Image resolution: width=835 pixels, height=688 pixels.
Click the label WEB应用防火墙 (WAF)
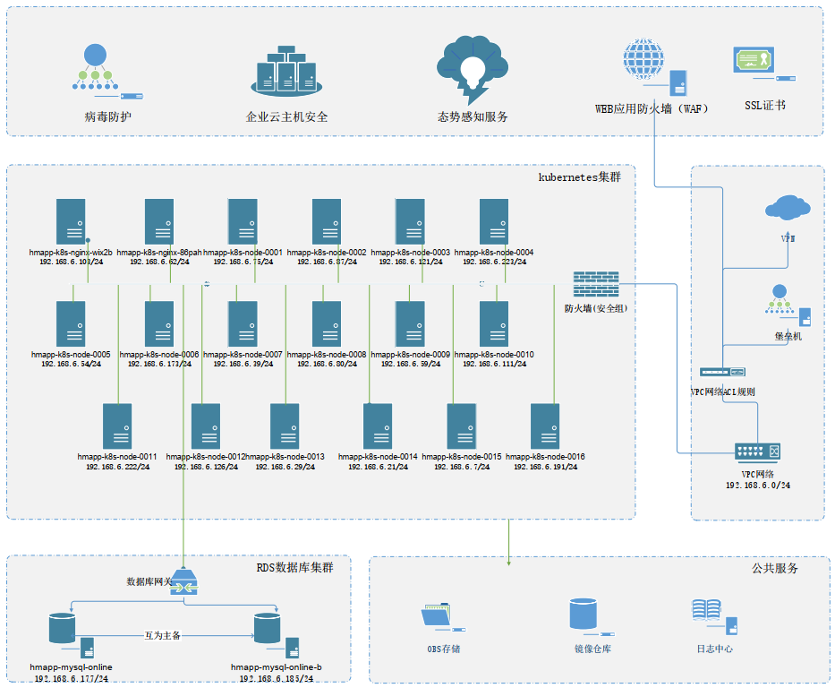click(x=652, y=108)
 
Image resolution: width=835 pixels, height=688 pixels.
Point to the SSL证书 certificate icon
click(x=754, y=61)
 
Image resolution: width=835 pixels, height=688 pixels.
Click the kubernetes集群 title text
click(x=579, y=176)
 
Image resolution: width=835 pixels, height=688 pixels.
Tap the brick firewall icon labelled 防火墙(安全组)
click(x=595, y=285)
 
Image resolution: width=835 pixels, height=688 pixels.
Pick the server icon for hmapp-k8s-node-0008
click(x=327, y=322)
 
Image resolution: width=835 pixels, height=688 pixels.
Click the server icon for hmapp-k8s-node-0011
click(x=117, y=426)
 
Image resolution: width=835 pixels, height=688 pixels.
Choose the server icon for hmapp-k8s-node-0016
click(x=545, y=426)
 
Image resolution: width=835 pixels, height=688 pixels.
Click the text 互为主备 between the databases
click(x=163, y=635)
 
